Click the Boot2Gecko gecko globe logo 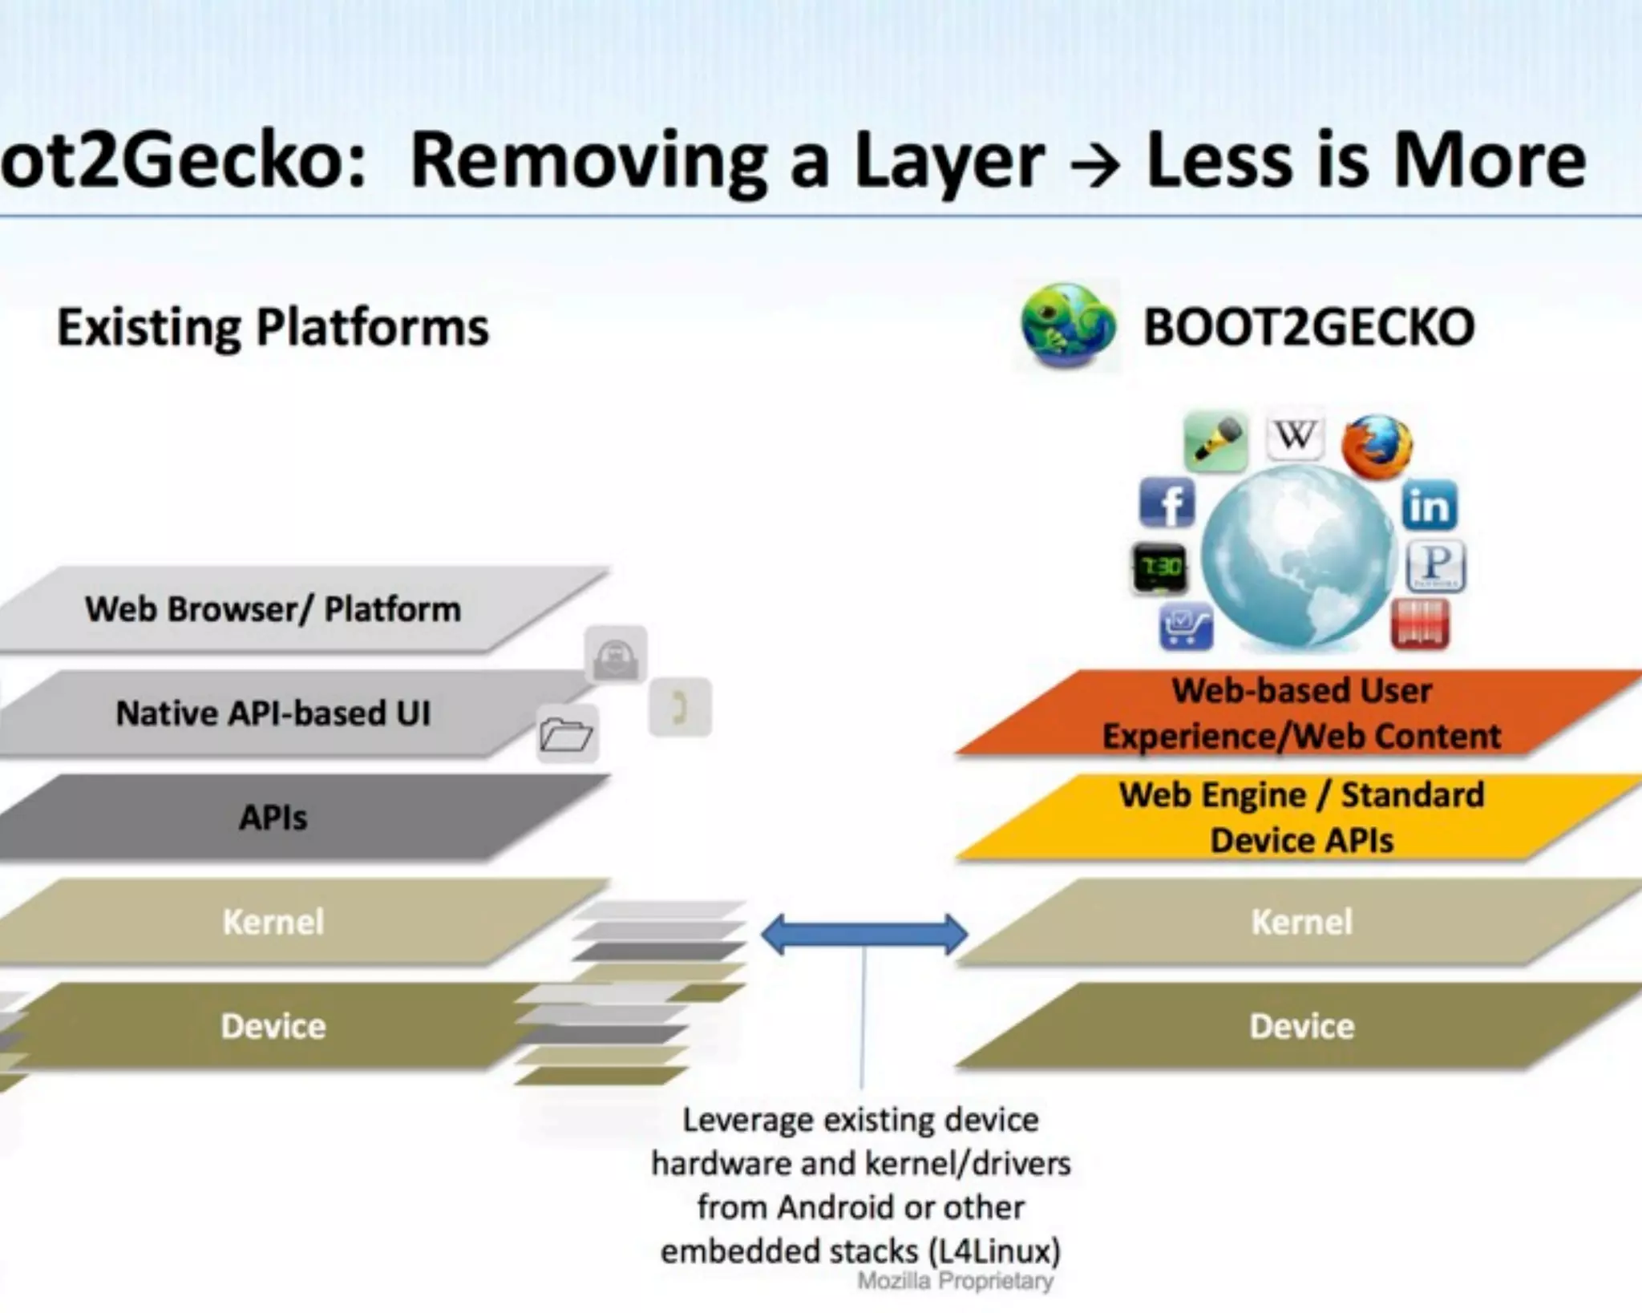coord(1067,325)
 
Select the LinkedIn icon coord(1430,506)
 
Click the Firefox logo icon coord(1377,446)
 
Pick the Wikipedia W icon coord(1294,436)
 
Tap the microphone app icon coord(1215,442)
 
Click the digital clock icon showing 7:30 coord(1159,568)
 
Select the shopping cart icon coord(1186,625)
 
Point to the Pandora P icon coord(1436,565)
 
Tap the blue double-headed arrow coord(863,935)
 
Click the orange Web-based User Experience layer coord(1300,713)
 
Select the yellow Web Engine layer coord(1300,817)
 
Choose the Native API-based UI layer coord(273,713)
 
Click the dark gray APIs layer coord(273,817)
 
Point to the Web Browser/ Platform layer coord(273,609)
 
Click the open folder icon coord(566,733)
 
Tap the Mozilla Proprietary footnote coord(955,1281)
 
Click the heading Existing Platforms coord(273,327)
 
